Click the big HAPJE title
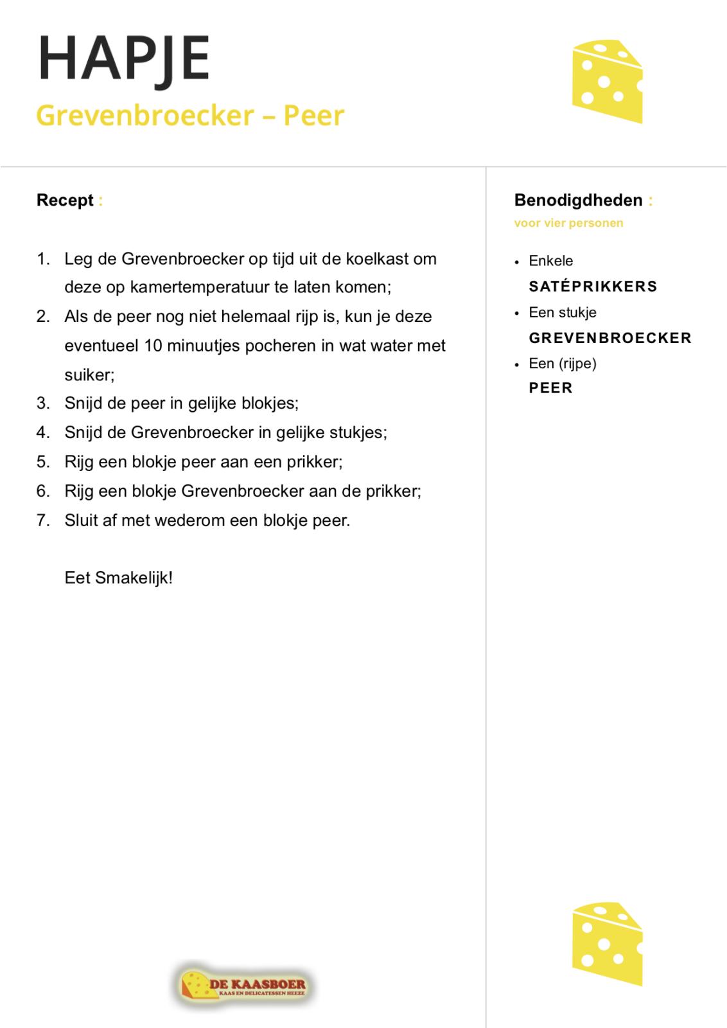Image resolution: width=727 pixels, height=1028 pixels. click(x=124, y=58)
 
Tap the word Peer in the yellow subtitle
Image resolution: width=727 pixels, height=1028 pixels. click(x=314, y=116)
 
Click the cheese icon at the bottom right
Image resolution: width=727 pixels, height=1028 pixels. click(x=607, y=944)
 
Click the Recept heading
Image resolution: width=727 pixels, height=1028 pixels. click(x=65, y=200)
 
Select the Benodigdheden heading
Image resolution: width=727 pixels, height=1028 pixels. click(x=578, y=200)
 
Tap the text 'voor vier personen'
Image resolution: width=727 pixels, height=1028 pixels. click(x=568, y=224)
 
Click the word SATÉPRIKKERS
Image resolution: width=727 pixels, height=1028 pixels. click(x=593, y=287)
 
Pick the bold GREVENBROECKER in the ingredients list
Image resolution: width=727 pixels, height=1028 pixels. click(x=609, y=338)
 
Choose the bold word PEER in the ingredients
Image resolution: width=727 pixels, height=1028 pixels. click(x=550, y=388)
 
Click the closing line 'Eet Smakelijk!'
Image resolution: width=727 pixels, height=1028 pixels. click(x=119, y=578)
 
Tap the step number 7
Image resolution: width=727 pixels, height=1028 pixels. click(x=42, y=520)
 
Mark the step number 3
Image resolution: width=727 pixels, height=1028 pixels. click(x=42, y=403)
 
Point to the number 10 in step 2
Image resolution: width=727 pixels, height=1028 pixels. click(x=153, y=346)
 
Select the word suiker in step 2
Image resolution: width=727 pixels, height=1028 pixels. click(x=88, y=375)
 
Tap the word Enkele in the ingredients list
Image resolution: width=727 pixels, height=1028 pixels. click(x=550, y=261)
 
